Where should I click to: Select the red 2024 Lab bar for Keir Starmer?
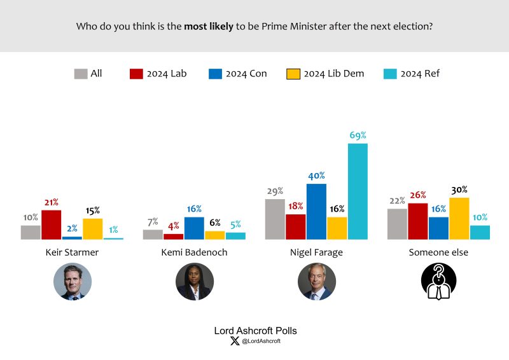(x=51, y=225)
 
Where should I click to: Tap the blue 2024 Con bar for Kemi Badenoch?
(x=194, y=228)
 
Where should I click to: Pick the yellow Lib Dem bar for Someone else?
(x=459, y=218)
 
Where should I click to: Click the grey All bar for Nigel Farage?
(x=275, y=219)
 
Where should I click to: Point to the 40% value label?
(x=317, y=176)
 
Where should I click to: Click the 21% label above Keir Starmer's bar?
(x=51, y=202)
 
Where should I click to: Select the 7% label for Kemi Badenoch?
(x=153, y=222)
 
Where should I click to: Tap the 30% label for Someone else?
(x=459, y=190)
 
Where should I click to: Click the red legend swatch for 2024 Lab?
(x=136, y=74)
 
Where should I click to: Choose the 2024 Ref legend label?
(x=420, y=74)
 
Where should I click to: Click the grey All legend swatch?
(x=80, y=74)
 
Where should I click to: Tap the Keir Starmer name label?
(x=72, y=253)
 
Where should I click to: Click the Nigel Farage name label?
(x=316, y=253)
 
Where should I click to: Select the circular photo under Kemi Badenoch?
(x=194, y=281)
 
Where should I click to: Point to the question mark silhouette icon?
(x=439, y=281)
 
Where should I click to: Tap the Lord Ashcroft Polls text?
(x=254, y=331)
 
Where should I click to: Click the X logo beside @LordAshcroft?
(x=235, y=342)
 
